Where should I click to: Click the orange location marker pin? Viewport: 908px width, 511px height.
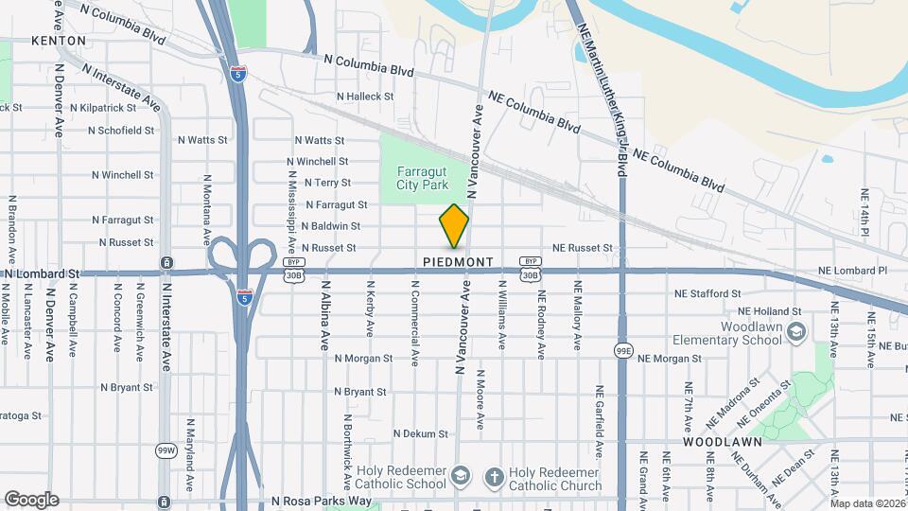coord(454,225)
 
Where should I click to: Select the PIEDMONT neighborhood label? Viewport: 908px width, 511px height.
coord(459,261)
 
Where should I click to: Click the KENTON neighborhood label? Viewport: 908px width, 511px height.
coord(59,41)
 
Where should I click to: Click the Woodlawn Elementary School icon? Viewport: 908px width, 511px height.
coord(797,331)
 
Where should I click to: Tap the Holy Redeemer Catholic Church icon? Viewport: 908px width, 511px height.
coord(494,477)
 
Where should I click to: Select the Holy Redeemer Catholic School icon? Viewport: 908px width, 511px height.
coord(461,477)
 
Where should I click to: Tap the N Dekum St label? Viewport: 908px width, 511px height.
coord(420,433)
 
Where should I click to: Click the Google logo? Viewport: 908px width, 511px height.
coord(31,500)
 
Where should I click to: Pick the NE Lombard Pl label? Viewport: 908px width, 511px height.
coord(855,271)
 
